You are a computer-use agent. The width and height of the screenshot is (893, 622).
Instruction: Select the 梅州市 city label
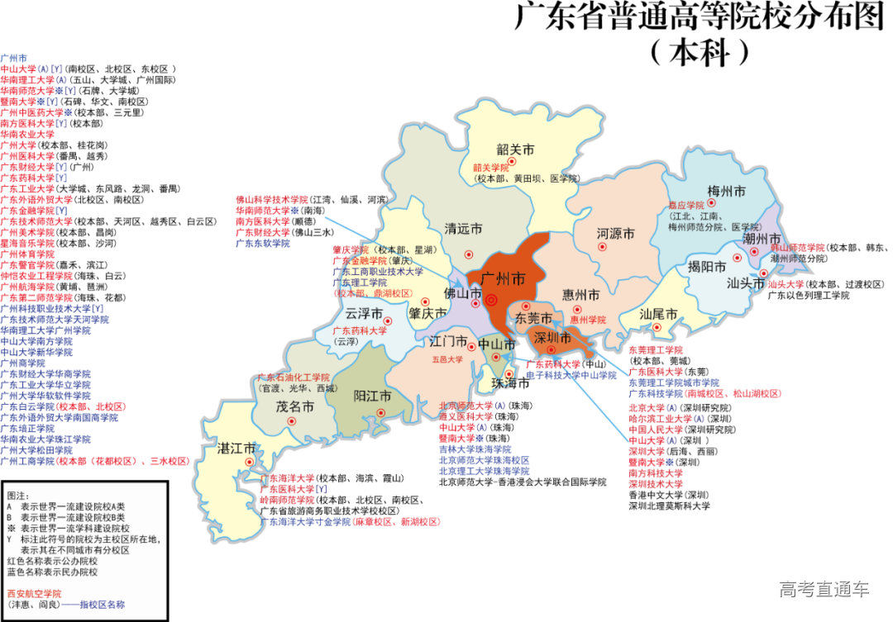click(726, 192)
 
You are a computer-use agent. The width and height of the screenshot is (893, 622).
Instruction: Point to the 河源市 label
click(616, 235)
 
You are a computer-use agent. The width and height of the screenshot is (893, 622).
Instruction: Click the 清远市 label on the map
click(463, 229)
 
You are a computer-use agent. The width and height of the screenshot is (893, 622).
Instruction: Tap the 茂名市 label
click(295, 406)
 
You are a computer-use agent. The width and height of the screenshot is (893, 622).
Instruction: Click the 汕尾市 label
click(658, 314)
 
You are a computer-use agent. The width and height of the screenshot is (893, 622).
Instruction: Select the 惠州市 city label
click(580, 294)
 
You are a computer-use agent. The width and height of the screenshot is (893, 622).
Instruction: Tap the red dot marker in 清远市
click(470, 254)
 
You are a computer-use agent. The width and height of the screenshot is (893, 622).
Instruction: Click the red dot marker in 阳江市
click(382, 412)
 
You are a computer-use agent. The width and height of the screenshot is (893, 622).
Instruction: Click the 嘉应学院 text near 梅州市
click(686, 205)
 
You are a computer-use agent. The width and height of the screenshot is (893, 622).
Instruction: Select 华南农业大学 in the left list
click(27, 134)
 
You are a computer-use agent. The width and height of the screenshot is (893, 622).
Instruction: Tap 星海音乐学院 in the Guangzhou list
click(27, 244)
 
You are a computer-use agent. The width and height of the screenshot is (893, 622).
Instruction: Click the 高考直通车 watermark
click(824, 589)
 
